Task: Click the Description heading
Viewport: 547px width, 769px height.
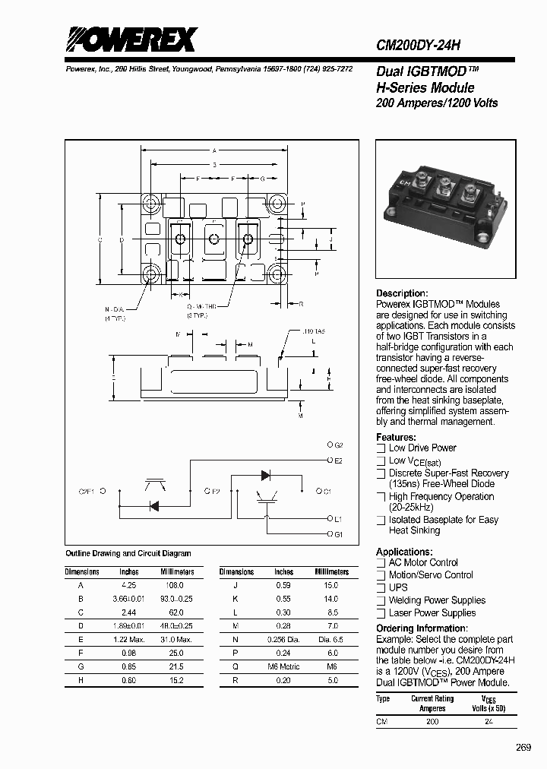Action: pos(402,293)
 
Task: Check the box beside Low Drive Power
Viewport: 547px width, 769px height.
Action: pos(381,448)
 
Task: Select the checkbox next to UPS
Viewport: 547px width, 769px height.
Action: pos(381,587)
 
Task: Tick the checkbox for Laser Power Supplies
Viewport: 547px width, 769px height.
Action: pos(381,613)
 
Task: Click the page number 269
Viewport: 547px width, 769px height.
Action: pos(523,748)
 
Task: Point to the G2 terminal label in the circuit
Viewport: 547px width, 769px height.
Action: pos(339,445)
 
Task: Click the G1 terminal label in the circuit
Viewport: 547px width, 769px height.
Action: pos(339,534)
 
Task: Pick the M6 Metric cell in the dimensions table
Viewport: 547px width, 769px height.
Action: pos(284,666)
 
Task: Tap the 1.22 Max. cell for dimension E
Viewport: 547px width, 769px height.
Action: pos(129,640)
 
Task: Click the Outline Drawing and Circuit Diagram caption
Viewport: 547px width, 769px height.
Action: pos(128,554)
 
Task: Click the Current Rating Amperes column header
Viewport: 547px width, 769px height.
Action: pos(432,703)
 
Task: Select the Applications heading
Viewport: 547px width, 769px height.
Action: pos(404,552)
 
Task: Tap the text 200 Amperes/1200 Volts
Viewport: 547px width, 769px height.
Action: pos(437,103)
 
